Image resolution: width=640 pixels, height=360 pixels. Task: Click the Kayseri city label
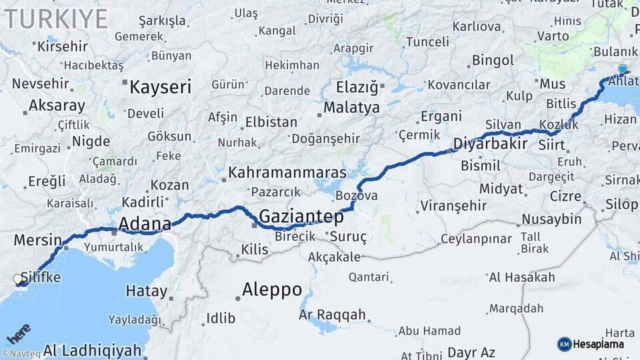(160, 87)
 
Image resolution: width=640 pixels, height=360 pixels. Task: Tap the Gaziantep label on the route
(301, 217)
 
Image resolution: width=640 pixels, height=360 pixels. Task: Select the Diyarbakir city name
(491, 144)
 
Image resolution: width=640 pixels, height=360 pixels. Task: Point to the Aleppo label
(272, 290)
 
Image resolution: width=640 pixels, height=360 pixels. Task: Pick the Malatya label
(351, 107)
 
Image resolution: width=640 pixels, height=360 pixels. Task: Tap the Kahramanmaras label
(287, 173)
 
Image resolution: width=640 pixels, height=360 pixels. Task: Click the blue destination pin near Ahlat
(622, 69)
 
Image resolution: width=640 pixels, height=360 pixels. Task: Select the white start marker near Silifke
(18, 279)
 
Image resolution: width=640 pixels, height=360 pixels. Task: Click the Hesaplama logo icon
(565, 344)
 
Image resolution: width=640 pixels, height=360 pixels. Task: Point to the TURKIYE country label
(56, 19)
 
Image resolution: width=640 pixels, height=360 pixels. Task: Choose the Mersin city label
(38, 240)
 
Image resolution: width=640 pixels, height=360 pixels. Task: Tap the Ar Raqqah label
(333, 315)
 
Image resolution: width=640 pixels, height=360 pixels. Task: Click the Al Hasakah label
(521, 277)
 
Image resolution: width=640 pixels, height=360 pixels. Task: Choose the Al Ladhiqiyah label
(93, 350)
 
